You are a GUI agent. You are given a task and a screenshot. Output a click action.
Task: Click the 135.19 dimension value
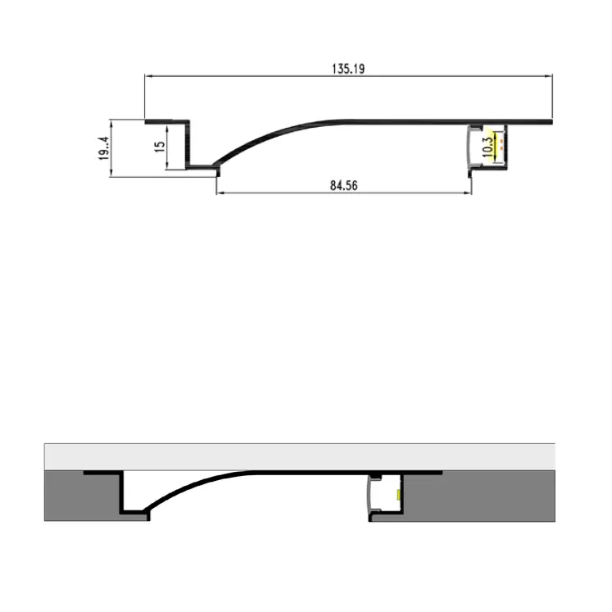click(x=348, y=70)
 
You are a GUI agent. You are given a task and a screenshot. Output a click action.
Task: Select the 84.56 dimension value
click(x=344, y=186)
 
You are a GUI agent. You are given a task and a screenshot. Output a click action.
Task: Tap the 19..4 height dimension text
click(x=103, y=148)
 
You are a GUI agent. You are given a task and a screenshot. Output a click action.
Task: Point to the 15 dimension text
click(x=160, y=145)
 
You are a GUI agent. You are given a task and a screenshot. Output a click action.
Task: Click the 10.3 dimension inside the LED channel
click(x=488, y=146)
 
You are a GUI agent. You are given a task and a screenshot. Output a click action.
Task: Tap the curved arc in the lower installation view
click(x=197, y=483)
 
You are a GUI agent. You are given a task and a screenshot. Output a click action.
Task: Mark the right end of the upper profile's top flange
click(x=551, y=123)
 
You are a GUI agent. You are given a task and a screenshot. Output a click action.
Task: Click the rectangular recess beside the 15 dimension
click(x=179, y=145)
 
